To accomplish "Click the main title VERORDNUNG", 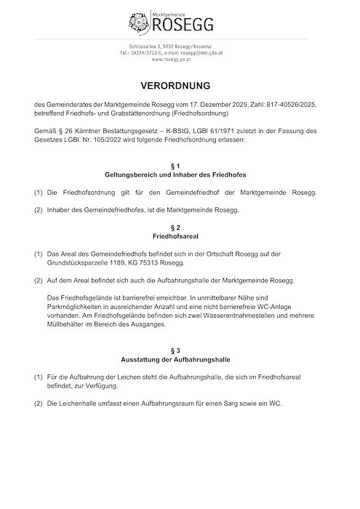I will point(180,86).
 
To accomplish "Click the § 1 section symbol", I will point(180,167).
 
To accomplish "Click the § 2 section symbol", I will point(180,228).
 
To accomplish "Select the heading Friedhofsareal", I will point(180,236).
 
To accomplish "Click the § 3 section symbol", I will point(180,350).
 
